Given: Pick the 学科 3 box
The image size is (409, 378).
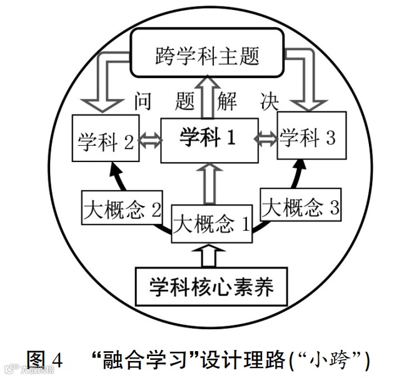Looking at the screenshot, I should (308, 138).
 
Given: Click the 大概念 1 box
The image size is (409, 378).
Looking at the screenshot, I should (211, 223).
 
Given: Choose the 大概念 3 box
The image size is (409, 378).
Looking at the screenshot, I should (300, 207).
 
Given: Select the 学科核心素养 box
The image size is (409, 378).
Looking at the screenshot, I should (211, 288).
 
